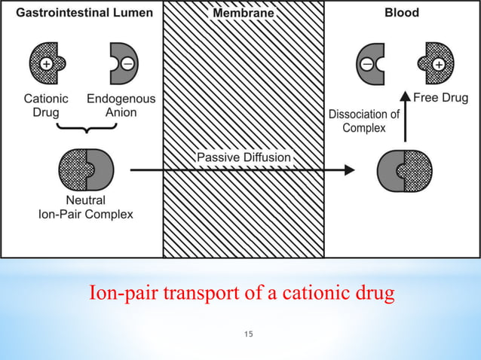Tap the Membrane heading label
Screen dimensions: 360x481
(x=243, y=14)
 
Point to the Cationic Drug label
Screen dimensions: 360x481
(x=46, y=105)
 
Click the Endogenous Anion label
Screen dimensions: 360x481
(x=121, y=105)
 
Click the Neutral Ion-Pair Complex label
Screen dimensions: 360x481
(x=85, y=207)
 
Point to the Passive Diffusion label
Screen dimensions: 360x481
(x=244, y=157)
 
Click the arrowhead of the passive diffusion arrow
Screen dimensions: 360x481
(x=348, y=170)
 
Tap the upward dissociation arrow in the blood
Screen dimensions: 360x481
(x=405, y=117)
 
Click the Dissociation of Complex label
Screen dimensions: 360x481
(x=364, y=121)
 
